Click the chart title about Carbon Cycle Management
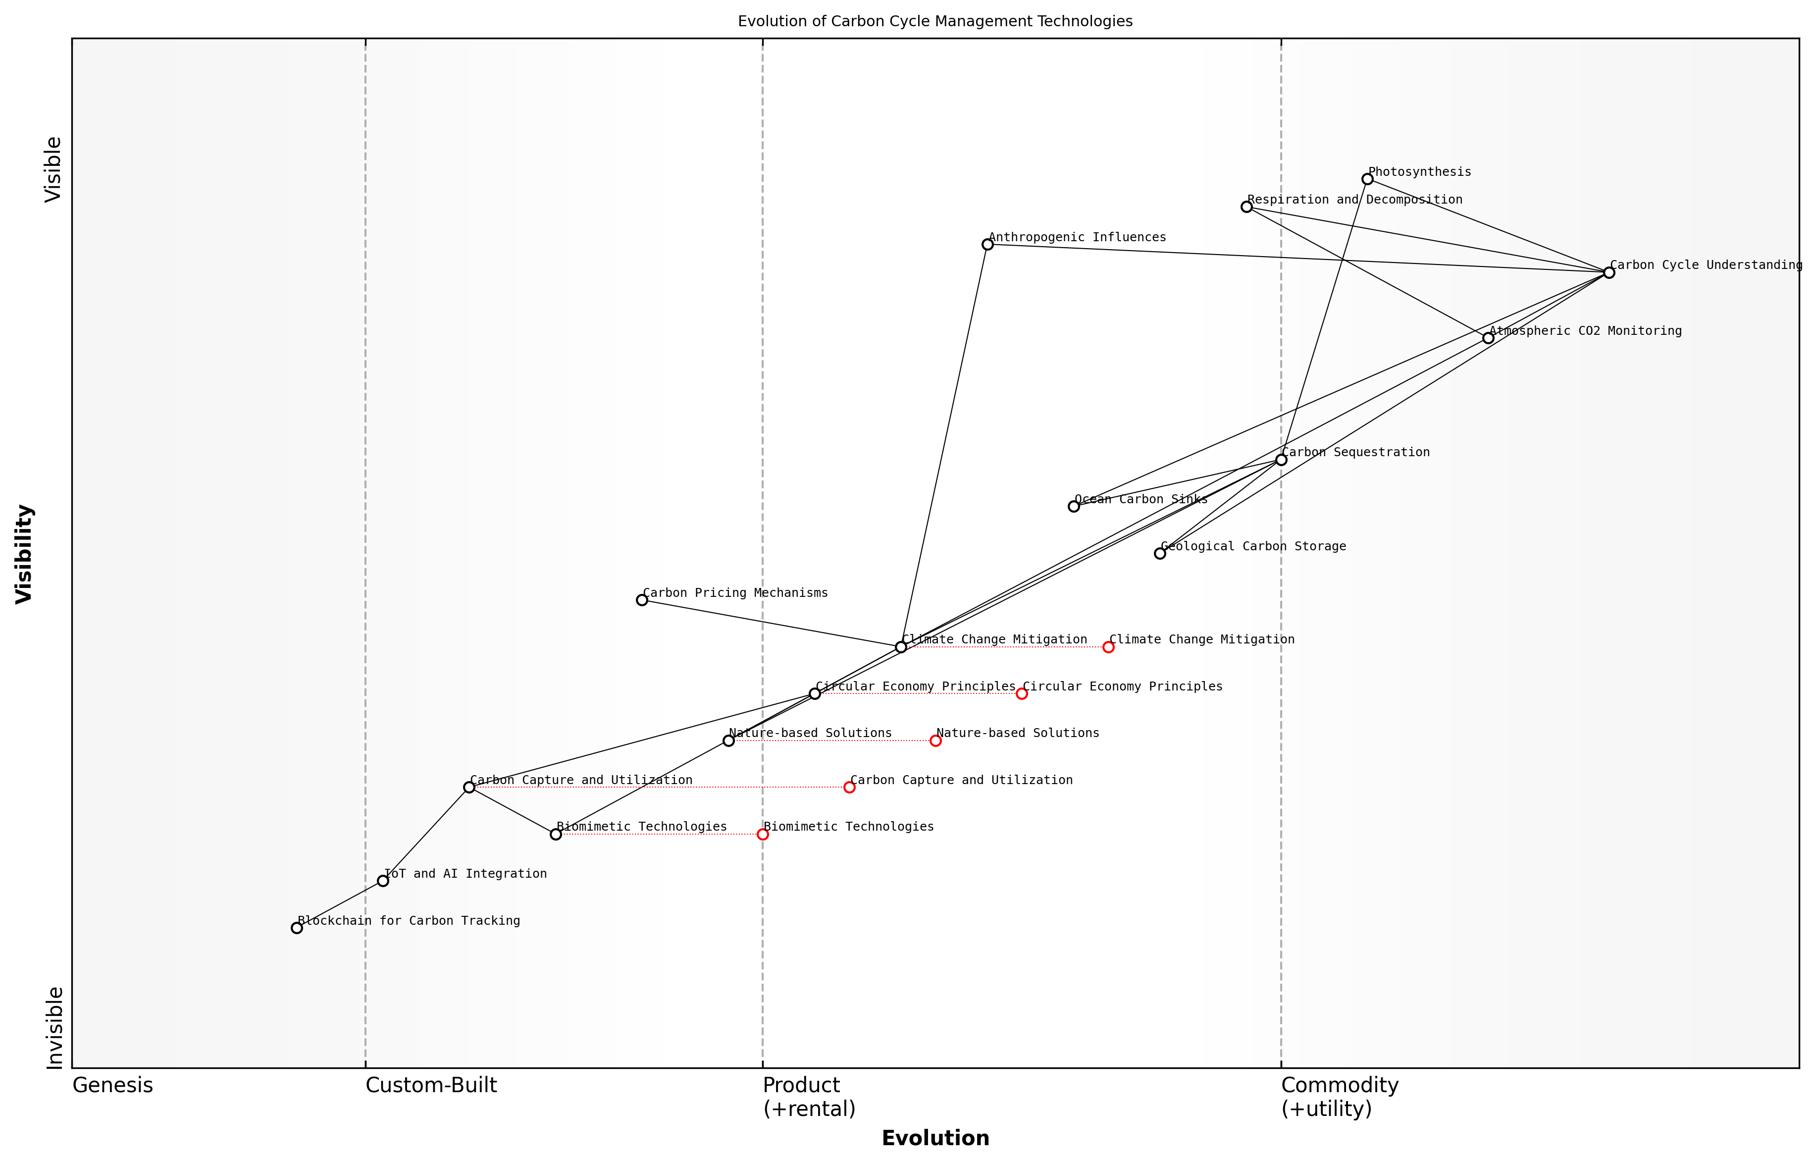pos(935,21)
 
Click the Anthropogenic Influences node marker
pos(987,244)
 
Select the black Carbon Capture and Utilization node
pos(469,787)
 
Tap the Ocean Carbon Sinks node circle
pos(1074,506)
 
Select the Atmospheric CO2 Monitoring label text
pos(1585,330)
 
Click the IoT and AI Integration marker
pos(383,881)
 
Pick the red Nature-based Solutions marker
pos(935,741)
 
